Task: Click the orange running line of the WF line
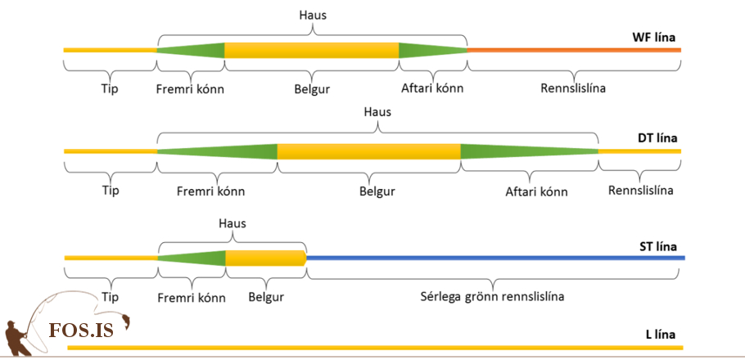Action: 573,50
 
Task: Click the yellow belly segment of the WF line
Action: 311,50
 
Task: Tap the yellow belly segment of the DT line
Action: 368,151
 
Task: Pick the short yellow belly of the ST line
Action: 265,258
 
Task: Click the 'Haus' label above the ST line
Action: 233,223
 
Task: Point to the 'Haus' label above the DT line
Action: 377,112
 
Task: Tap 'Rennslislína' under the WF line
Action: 573,88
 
